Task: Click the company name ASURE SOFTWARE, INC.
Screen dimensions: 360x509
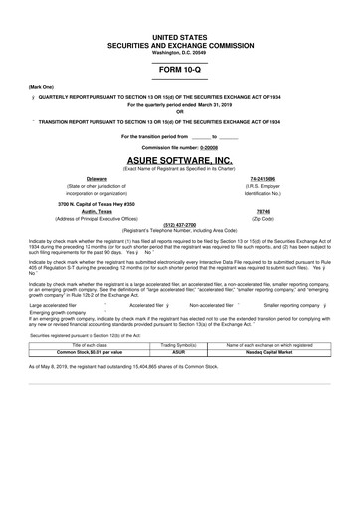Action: click(179, 159)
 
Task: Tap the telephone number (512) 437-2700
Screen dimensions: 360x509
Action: click(179, 224)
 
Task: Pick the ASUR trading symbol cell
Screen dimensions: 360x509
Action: click(179, 350)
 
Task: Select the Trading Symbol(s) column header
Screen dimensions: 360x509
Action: click(179, 343)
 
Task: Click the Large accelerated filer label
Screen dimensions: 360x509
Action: click(53, 305)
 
